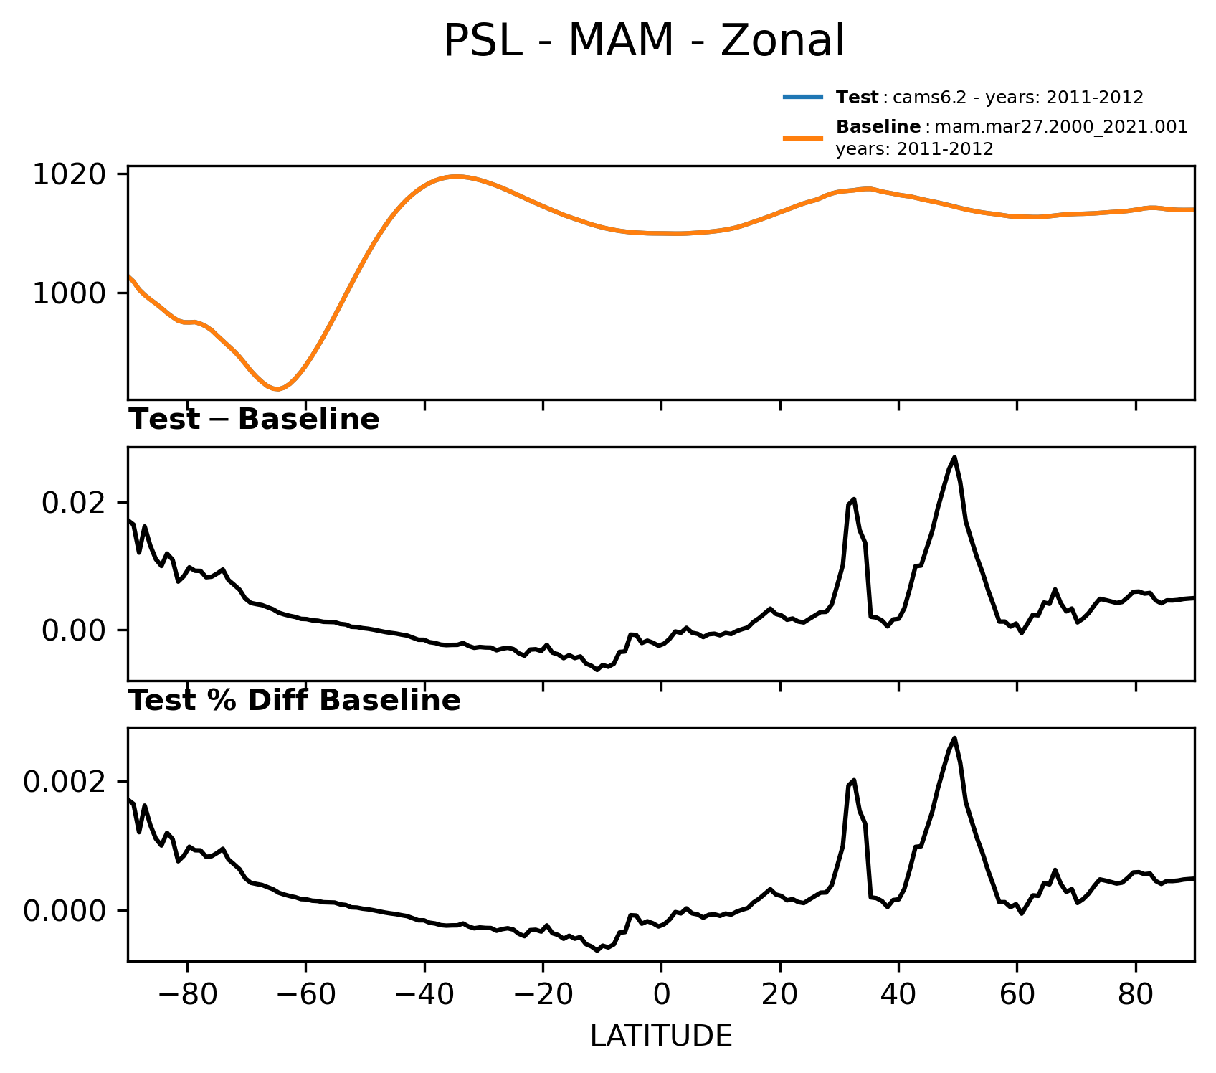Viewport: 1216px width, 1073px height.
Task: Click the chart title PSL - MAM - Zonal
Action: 644,41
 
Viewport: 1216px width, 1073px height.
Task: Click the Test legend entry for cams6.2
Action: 989,98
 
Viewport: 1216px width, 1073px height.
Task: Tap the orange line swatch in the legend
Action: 802,138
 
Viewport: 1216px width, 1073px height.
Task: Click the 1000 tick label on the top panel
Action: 69,293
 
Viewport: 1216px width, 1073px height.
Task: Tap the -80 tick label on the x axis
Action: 186,996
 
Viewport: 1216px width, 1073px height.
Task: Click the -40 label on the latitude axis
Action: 424,996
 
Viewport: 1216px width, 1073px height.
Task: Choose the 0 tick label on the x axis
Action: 661,996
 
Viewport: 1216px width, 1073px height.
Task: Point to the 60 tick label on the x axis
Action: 1017,996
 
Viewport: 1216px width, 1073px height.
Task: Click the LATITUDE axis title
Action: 661,1036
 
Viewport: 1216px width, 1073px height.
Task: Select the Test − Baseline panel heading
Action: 254,420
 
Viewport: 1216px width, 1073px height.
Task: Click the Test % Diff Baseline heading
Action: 294,701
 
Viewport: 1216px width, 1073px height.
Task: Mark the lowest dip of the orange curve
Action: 277,389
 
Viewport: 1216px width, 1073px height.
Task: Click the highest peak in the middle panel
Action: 954,458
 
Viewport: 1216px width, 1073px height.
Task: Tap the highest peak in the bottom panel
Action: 954,738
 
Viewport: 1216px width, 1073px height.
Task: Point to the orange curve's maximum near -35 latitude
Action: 455,176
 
